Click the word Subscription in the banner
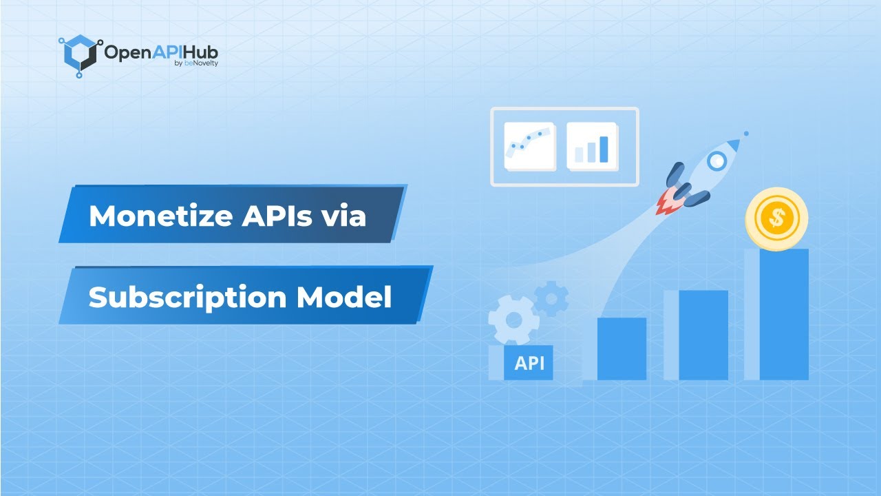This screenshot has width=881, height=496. click(187, 298)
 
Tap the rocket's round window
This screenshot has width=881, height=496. click(717, 161)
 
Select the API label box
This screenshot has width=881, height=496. click(529, 362)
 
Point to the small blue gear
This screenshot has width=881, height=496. click(551, 298)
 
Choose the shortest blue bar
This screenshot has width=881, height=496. click(622, 349)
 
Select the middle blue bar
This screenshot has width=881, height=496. click(703, 335)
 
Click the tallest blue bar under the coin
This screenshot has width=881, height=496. click(783, 314)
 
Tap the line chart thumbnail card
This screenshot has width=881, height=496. click(529, 146)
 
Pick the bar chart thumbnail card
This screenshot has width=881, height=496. click(592, 146)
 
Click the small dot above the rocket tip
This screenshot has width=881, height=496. click(746, 134)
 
